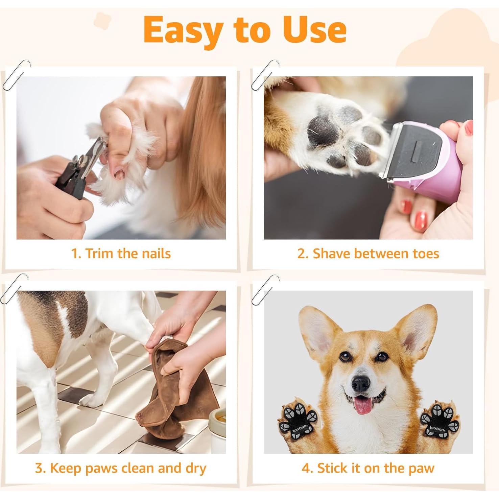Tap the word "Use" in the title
pyautogui.click(x=314, y=30)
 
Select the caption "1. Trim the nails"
pyautogui.click(x=121, y=253)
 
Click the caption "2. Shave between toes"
pyautogui.click(x=368, y=253)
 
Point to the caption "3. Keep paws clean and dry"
pyautogui.click(x=121, y=468)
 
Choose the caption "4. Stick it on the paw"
pyautogui.click(x=368, y=468)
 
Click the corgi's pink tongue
pyautogui.click(x=364, y=406)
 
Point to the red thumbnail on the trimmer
pyautogui.click(x=468, y=128)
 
